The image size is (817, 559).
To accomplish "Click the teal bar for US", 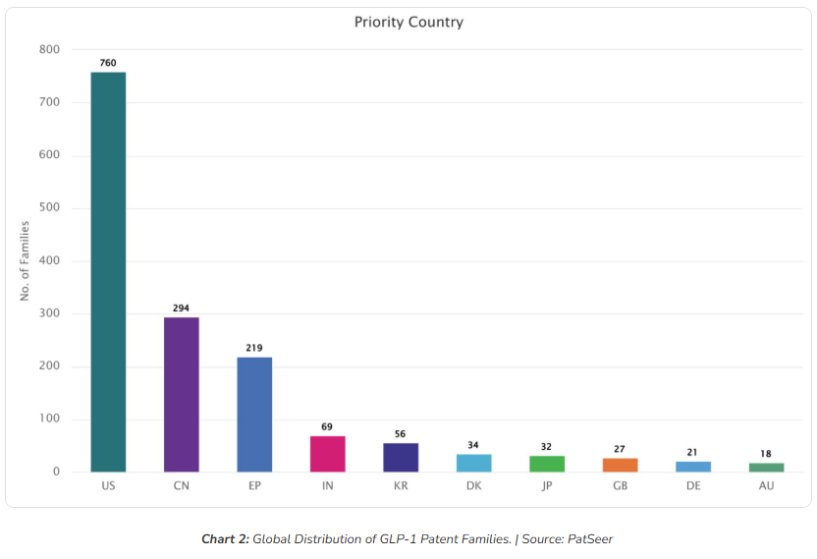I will pyautogui.click(x=108, y=272).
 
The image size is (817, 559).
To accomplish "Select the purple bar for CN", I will pyautogui.click(x=181, y=394).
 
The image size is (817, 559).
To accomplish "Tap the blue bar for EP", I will pyautogui.click(x=254, y=414).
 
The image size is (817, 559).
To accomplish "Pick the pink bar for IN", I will pyautogui.click(x=327, y=454).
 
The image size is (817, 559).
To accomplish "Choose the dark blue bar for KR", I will pyautogui.click(x=401, y=457).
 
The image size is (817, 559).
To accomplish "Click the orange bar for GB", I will pyautogui.click(x=620, y=465).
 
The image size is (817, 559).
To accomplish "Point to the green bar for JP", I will pyautogui.click(x=547, y=464).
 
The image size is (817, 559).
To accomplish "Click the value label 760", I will pyautogui.click(x=108, y=63).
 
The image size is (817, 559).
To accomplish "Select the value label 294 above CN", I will pyautogui.click(x=181, y=308).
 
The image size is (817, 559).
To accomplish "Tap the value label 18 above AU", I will pyautogui.click(x=766, y=454).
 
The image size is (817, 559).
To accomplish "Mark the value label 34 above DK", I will pyautogui.click(x=473, y=445).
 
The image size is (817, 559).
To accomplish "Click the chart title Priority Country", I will pyautogui.click(x=408, y=22).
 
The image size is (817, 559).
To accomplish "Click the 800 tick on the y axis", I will pyautogui.click(x=50, y=49).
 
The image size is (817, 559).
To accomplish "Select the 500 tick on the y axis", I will pyautogui.click(x=50, y=208).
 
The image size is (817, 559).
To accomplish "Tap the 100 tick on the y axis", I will pyautogui.click(x=50, y=419).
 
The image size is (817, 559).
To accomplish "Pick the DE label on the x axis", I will pyautogui.click(x=693, y=486).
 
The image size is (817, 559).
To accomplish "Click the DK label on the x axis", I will pyautogui.click(x=473, y=486).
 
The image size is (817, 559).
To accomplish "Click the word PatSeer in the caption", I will pyautogui.click(x=589, y=538).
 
